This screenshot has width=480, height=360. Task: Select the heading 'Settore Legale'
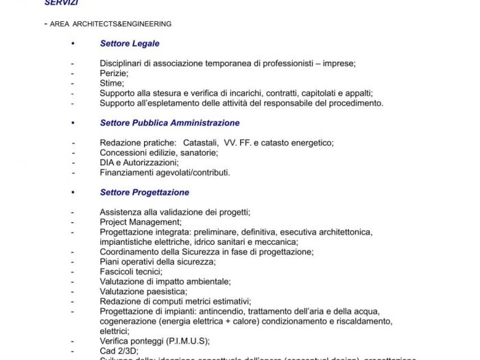tap(130, 43)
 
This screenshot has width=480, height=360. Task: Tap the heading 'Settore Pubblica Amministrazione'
tap(169, 123)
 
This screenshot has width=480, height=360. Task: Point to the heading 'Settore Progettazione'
tap(144, 193)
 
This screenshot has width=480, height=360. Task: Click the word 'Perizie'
tap(114, 73)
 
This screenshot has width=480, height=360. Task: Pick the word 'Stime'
tap(111, 83)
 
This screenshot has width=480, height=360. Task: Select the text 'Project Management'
tap(140, 222)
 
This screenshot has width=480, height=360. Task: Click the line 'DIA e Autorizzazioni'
tap(139, 163)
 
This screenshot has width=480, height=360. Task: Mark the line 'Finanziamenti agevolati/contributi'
tap(165, 173)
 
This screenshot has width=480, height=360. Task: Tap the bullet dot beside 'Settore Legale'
tap(72, 44)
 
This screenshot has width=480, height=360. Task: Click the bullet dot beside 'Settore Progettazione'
tap(72, 193)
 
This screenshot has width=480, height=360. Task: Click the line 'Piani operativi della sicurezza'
tap(157, 262)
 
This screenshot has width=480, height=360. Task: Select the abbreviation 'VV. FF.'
tap(237, 143)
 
